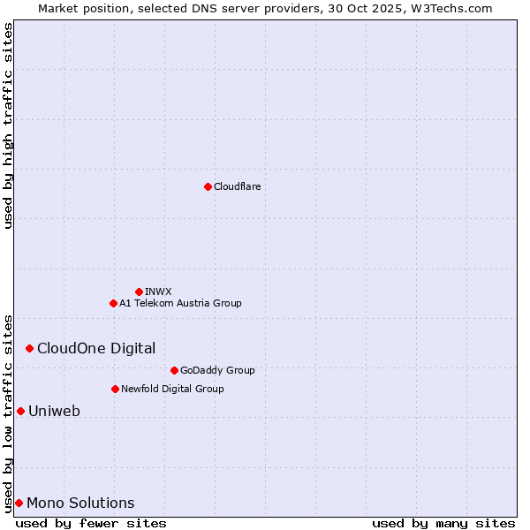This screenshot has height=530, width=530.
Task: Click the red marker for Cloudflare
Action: click(x=208, y=186)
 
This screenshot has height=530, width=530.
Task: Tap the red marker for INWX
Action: click(x=139, y=291)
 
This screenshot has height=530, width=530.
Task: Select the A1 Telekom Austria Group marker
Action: click(x=113, y=303)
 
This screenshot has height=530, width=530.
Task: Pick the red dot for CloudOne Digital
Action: click(x=29, y=348)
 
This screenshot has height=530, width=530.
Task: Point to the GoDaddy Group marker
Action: click(x=174, y=370)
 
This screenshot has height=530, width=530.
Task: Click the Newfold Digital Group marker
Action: click(x=115, y=389)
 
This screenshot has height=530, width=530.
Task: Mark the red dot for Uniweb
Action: click(x=20, y=411)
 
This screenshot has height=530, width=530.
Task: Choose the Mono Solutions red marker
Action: click(x=19, y=503)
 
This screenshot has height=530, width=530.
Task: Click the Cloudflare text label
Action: click(x=237, y=186)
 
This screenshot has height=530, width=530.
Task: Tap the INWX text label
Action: click(x=158, y=291)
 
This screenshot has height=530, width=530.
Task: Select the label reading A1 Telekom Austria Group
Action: click(x=180, y=303)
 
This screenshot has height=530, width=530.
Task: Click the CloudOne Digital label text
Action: click(x=96, y=348)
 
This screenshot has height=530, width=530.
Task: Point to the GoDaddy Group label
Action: click(x=217, y=370)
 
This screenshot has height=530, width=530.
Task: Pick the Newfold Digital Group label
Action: click(x=172, y=389)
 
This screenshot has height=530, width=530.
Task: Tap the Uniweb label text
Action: click(x=54, y=411)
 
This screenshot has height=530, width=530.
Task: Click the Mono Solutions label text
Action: click(x=80, y=503)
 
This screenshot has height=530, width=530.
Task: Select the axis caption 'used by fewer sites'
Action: click(x=91, y=523)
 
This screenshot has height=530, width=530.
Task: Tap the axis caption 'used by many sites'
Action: click(x=443, y=523)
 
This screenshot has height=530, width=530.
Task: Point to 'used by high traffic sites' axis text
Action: click(x=8, y=125)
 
